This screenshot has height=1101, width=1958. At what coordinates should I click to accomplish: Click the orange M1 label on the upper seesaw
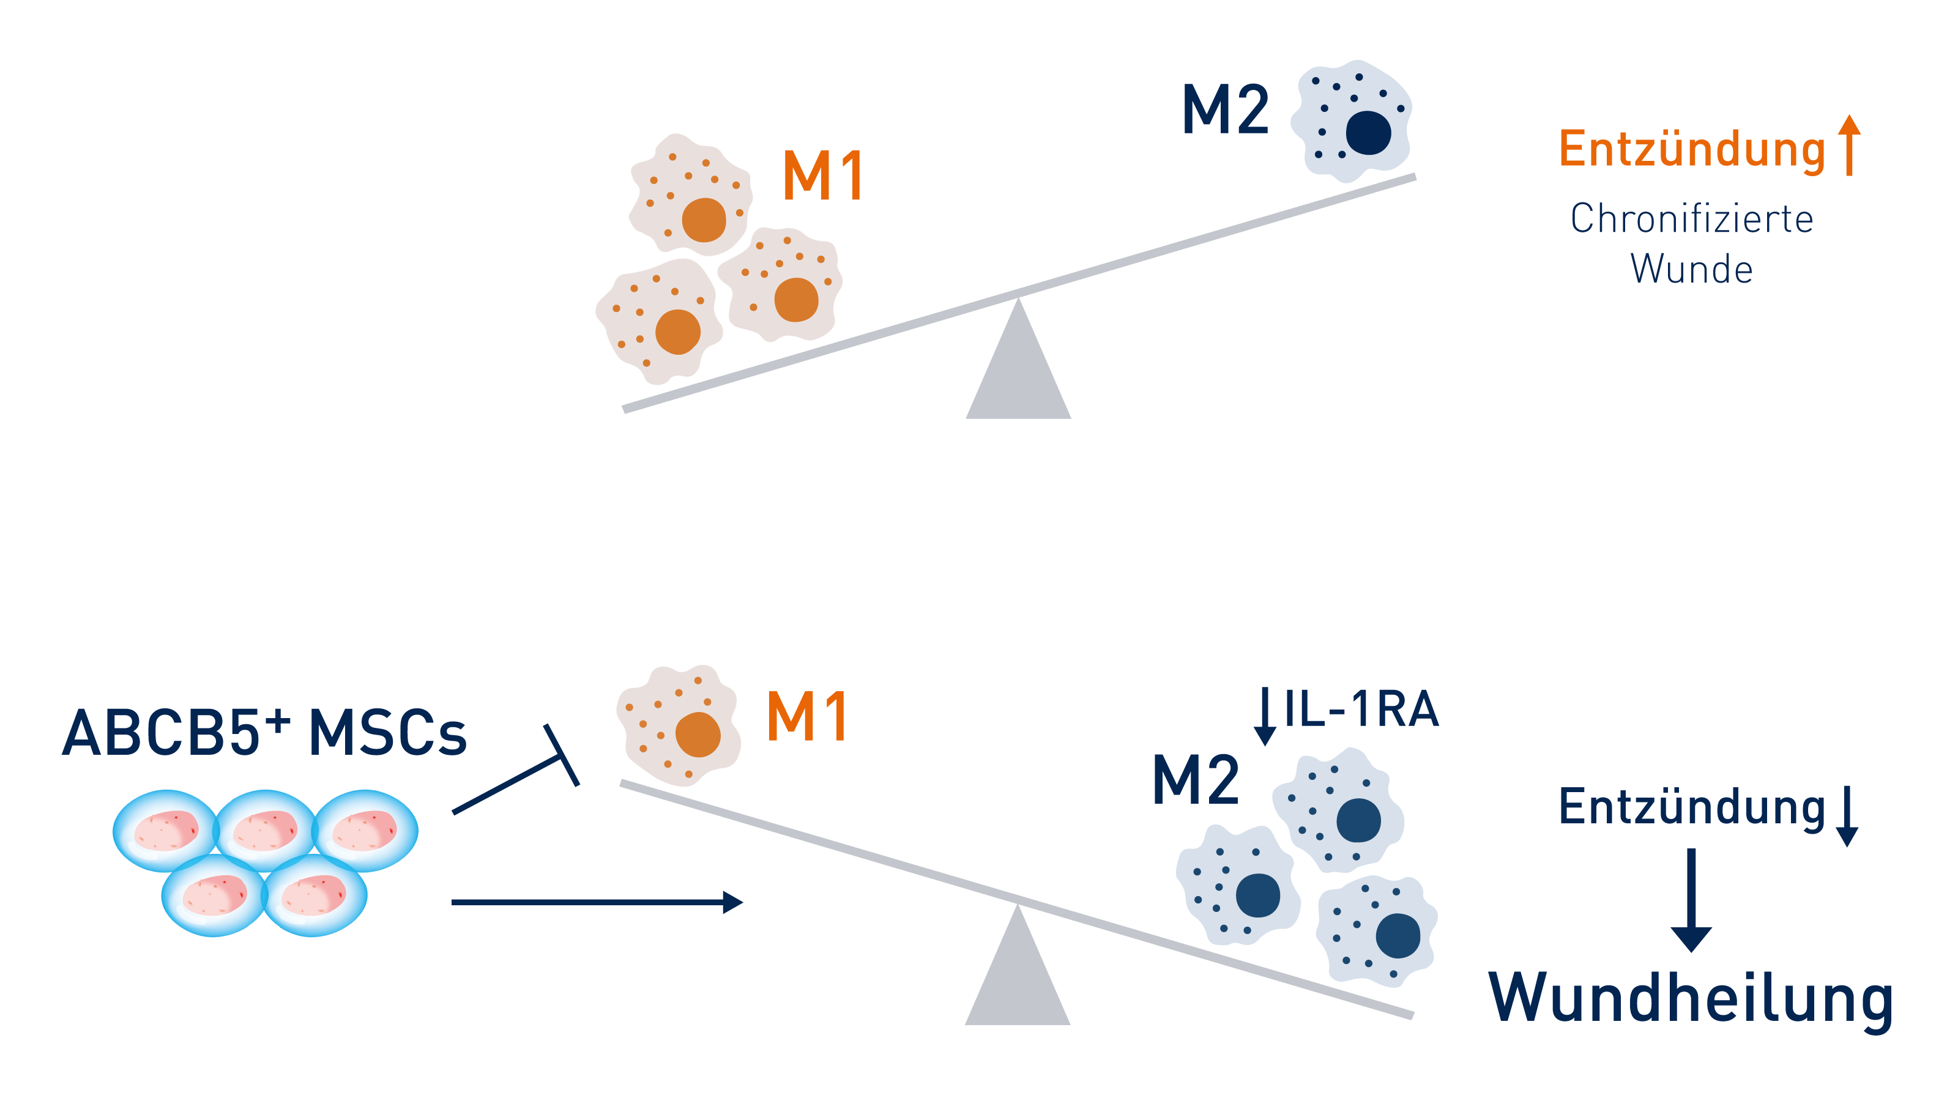822,176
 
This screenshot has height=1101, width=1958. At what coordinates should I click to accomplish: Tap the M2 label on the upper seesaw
1225,110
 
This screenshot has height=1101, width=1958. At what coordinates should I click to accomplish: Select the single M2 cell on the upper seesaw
1353,122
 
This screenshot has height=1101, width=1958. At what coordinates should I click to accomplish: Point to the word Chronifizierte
1691,219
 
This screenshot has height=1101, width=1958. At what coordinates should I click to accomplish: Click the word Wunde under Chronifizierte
1691,269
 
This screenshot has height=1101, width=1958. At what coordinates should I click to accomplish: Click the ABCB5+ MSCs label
264,733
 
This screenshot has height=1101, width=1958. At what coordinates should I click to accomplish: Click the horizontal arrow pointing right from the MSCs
597,902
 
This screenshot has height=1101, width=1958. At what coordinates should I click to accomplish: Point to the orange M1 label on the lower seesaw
807,716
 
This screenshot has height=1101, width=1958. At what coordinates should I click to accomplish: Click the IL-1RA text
1361,709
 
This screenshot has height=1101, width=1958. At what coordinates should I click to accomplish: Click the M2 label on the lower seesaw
1196,780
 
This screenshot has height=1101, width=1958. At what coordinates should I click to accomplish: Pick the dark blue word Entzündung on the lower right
1691,807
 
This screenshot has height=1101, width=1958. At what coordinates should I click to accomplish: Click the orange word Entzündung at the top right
1691,149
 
